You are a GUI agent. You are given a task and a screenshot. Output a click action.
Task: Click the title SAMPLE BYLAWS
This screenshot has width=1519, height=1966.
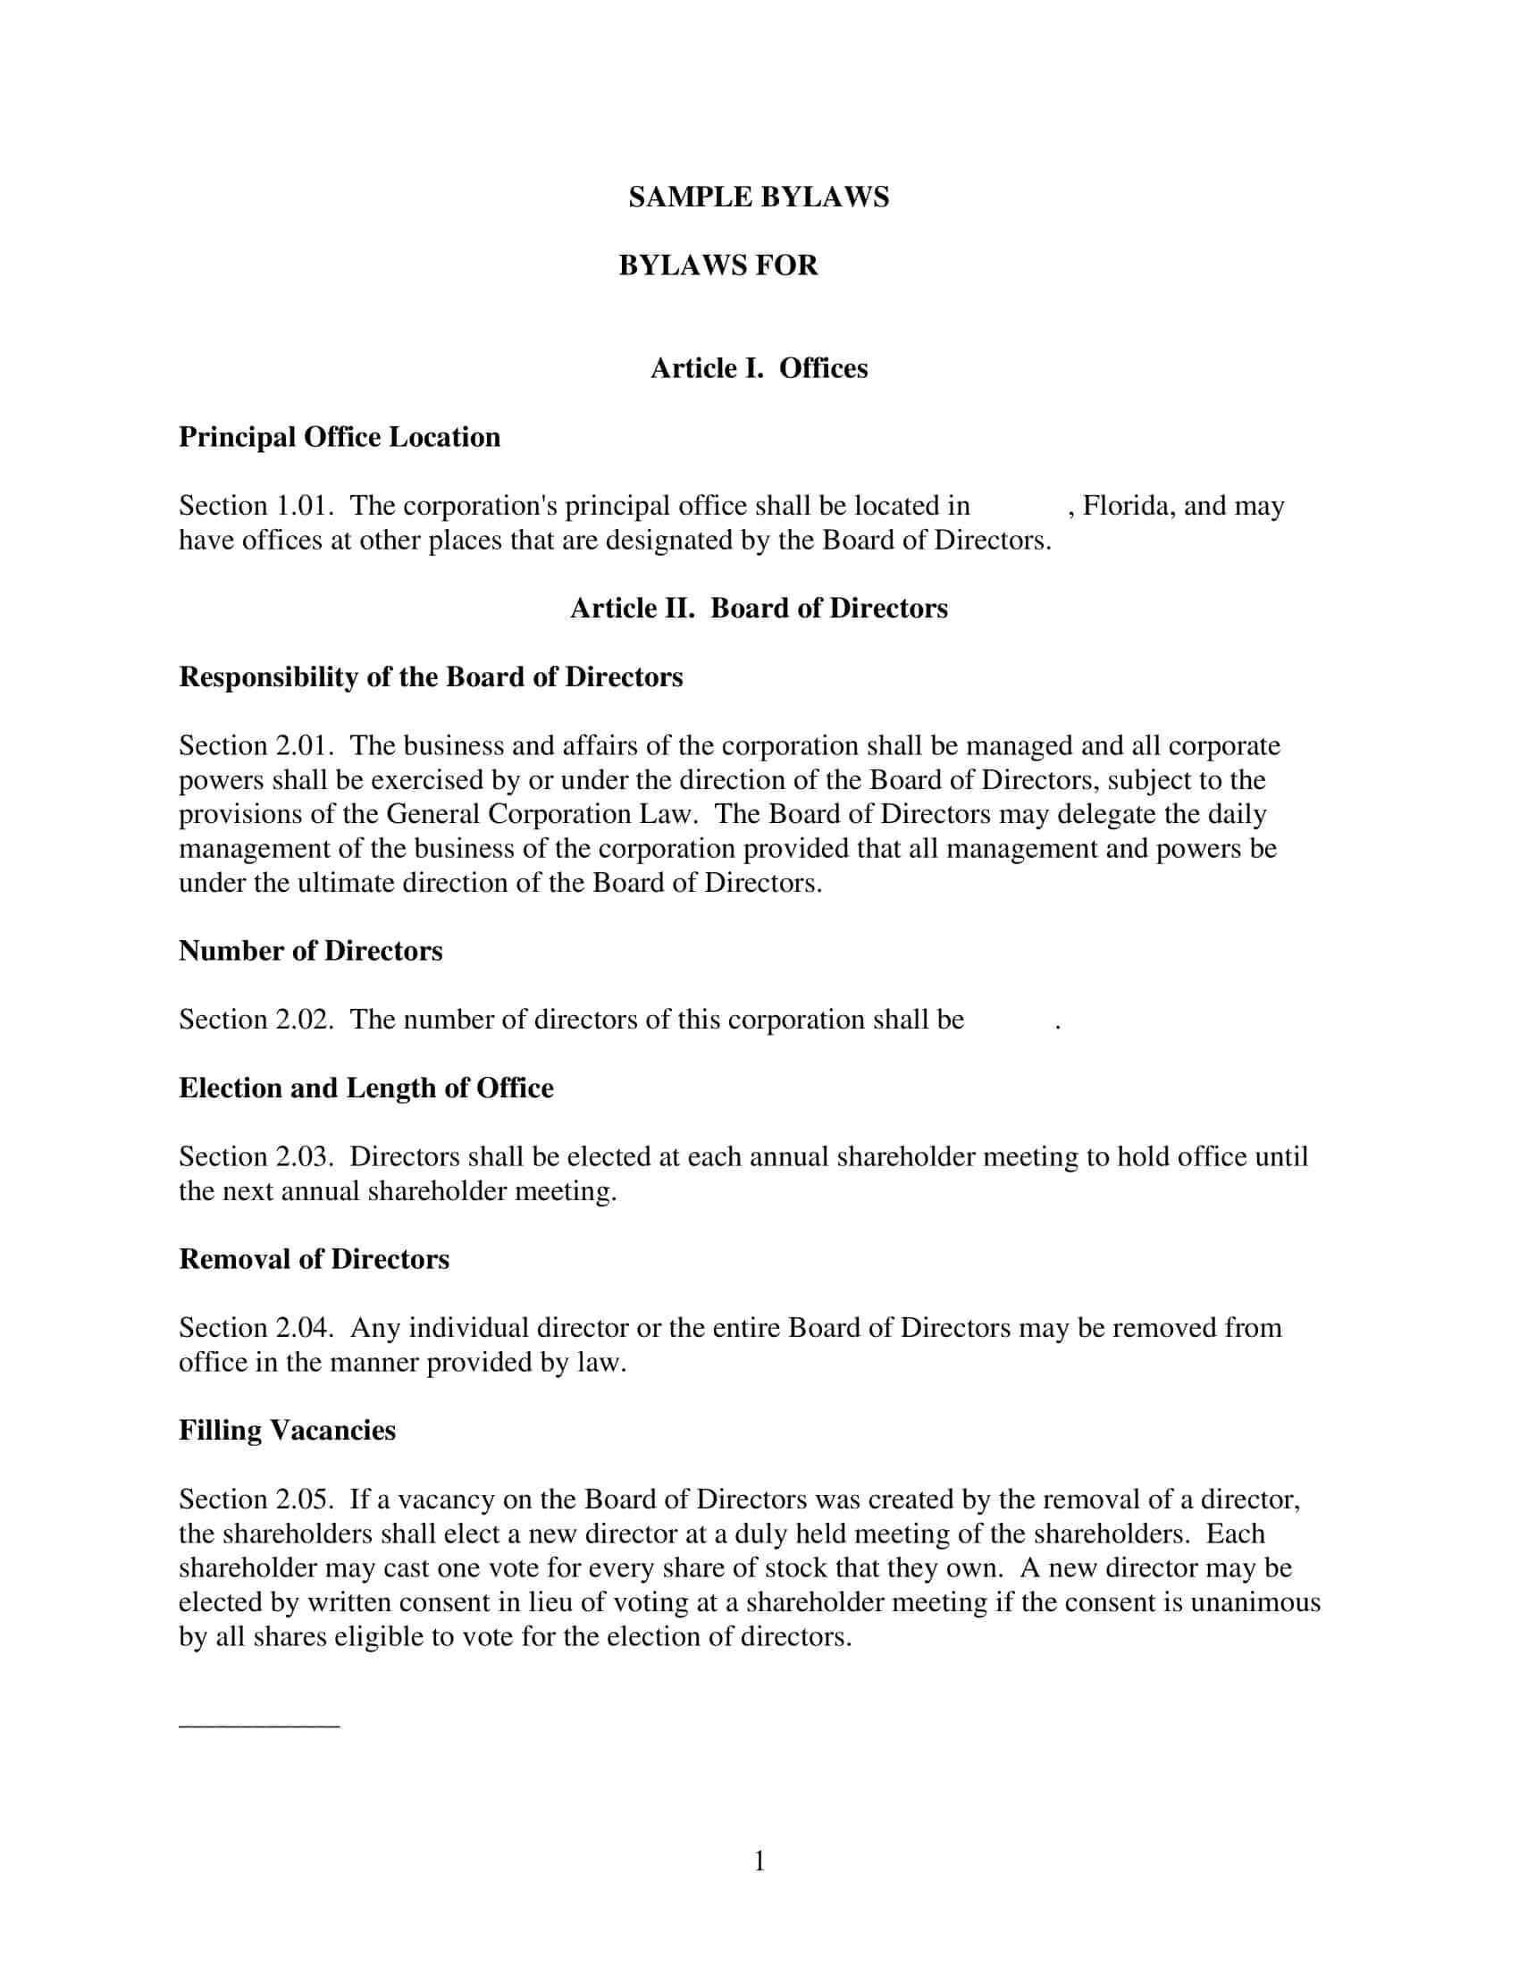tap(758, 197)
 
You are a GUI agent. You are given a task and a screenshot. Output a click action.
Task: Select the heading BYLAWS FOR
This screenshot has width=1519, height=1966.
tap(718, 265)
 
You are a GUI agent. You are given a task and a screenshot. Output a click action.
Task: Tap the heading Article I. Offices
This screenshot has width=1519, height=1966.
tap(759, 368)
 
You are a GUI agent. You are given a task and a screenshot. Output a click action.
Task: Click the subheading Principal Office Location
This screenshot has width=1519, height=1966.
tap(340, 437)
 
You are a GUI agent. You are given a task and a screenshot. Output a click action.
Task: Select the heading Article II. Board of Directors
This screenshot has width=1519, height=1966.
tap(759, 609)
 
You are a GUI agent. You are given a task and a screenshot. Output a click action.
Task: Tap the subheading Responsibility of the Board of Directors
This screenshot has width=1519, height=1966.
tap(430, 677)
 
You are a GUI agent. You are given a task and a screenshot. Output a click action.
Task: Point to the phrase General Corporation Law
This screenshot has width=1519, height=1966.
tap(540, 814)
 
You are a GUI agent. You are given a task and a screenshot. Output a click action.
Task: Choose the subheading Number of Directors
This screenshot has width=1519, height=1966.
tap(310, 951)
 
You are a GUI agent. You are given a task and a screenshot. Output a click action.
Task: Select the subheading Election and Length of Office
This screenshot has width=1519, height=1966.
tap(366, 1088)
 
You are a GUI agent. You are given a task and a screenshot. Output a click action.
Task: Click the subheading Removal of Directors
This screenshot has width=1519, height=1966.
tap(314, 1259)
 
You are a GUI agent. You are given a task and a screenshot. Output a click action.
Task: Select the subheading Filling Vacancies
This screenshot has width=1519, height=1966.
tap(287, 1431)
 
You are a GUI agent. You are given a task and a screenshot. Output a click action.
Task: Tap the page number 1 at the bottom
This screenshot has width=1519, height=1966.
tap(759, 1861)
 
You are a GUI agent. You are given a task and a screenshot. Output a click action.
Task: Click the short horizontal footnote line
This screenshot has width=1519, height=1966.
tap(259, 1726)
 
